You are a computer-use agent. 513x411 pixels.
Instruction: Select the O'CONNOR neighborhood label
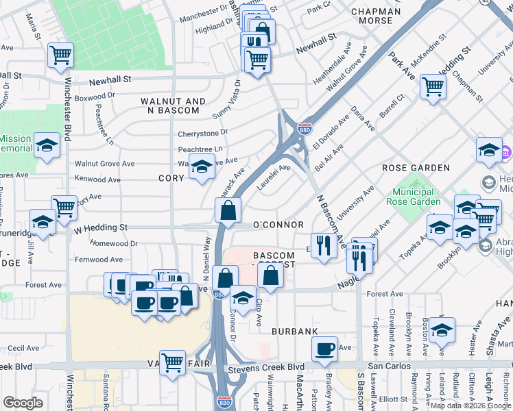(278, 225)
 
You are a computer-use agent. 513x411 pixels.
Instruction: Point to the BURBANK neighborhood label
(294, 331)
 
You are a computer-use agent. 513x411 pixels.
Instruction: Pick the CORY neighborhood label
(171, 178)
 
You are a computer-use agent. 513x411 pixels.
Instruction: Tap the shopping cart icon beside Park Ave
(433, 87)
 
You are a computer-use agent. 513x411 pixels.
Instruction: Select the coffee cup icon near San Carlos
(324, 348)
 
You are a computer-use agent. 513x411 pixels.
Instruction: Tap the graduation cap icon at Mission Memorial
(47, 145)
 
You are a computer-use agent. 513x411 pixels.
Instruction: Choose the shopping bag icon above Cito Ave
(271, 276)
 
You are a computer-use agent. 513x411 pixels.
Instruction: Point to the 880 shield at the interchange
(303, 129)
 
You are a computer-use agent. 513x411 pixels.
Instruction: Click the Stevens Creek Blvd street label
(270, 366)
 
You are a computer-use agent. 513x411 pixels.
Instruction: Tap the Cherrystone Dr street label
(202, 134)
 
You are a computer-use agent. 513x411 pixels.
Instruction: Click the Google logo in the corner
(23, 403)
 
